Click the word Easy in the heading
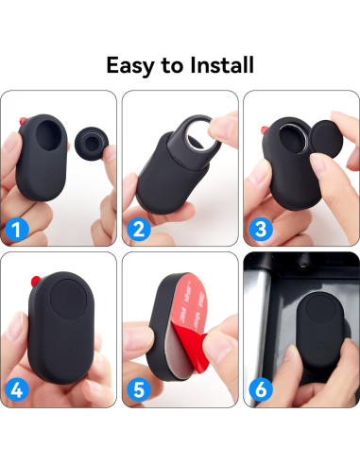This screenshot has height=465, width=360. (x=132, y=65)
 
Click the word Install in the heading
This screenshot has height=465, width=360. (x=220, y=65)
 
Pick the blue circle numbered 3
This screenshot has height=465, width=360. (x=261, y=227)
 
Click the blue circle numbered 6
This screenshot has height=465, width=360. (x=261, y=387)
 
